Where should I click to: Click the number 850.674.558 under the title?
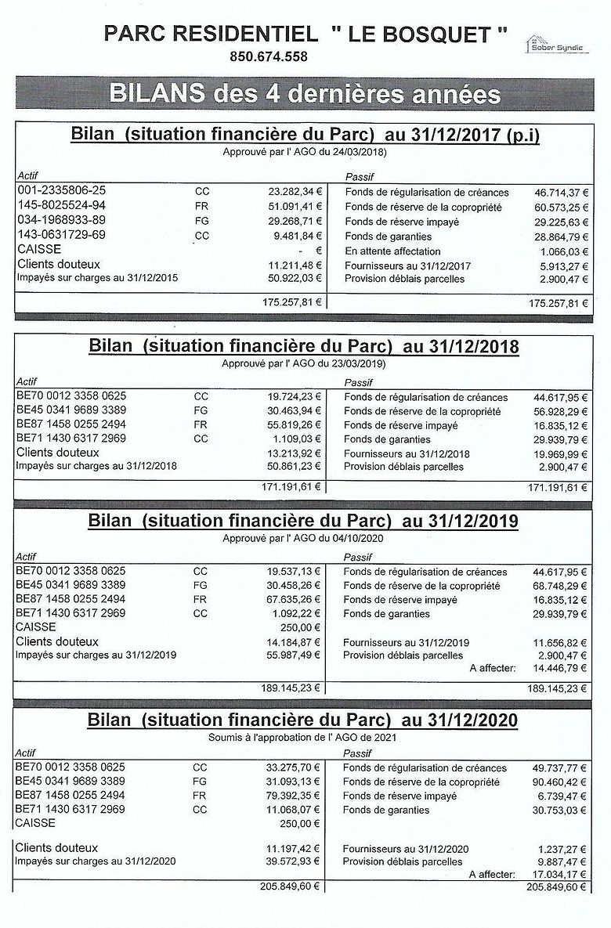coord(269,56)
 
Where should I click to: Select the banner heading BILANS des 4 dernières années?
coord(305,94)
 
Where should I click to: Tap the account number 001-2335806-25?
coord(61,190)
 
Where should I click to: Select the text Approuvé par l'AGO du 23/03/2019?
coord(304,363)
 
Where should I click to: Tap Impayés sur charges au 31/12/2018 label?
coord(96,467)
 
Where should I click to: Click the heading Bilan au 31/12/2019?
coord(304,521)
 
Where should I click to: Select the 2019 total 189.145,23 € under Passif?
coord(558,688)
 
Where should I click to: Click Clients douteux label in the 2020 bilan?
coord(56,847)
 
